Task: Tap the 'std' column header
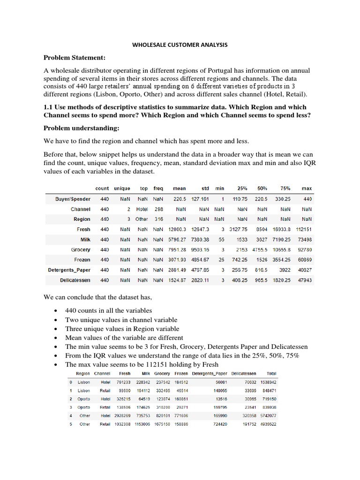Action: pos(204,188)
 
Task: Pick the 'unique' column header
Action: pos(122,188)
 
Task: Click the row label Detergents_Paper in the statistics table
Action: pos(69,270)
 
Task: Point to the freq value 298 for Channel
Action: pos(159,209)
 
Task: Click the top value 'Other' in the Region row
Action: pos(142,219)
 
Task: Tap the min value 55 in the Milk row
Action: pos(221,240)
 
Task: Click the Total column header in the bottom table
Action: pos(271,374)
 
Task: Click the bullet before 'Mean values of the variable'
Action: pos(56,338)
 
